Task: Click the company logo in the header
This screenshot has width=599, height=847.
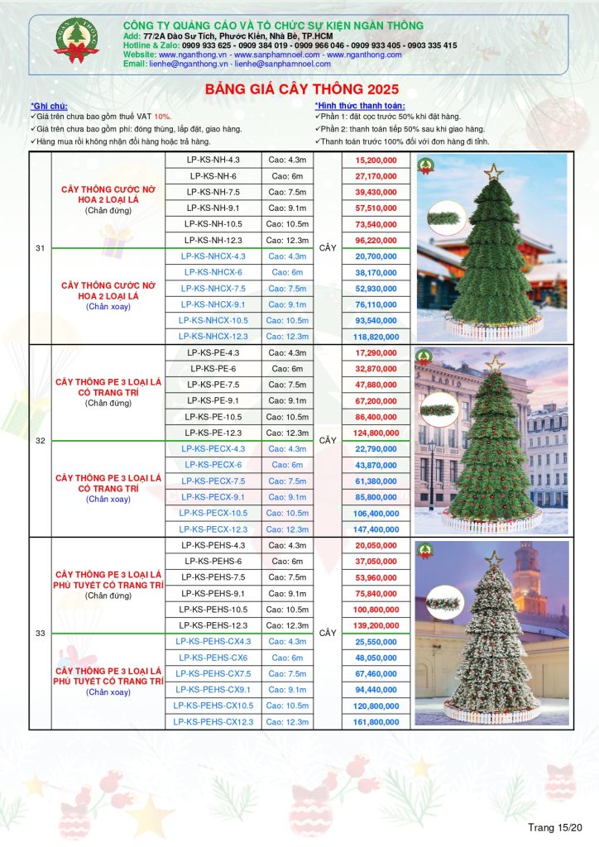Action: click(76, 41)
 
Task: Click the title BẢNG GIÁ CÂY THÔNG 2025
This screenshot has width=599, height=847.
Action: click(301, 89)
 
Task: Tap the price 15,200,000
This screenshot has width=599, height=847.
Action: click(375, 160)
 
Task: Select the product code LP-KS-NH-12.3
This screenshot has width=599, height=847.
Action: click(213, 240)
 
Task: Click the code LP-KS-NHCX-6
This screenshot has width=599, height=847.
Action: click(213, 272)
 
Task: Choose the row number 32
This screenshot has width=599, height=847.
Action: click(41, 441)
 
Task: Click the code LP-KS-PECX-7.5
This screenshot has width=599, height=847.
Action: click(213, 481)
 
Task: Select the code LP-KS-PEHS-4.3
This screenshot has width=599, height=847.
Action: click(213, 545)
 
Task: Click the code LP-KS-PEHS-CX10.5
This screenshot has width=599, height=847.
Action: click(213, 706)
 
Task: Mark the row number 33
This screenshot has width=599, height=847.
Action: click(41, 634)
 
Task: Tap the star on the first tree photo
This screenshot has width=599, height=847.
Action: click(495, 172)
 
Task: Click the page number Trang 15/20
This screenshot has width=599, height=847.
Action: click(556, 827)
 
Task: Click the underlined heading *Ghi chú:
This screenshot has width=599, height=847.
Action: click(48, 107)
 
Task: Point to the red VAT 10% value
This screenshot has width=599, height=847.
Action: click(162, 117)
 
